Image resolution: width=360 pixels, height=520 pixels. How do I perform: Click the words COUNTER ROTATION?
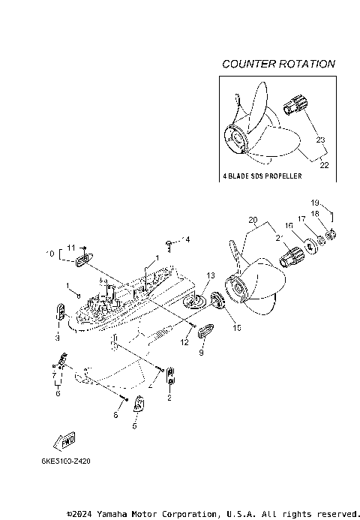coord(278,64)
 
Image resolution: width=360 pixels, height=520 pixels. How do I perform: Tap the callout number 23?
coord(320,140)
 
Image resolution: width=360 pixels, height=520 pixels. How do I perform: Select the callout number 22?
coord(324,165)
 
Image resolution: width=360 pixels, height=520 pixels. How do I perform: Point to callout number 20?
coord(253,221)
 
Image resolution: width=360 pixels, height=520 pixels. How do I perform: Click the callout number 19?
coord(315,203)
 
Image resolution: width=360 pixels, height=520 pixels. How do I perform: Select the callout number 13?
coord(210,275)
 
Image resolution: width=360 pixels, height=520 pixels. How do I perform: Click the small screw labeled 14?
coord(171,242)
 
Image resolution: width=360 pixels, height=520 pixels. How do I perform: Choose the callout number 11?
coord(71,247)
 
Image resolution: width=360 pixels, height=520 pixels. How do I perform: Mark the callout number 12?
coord(184,342)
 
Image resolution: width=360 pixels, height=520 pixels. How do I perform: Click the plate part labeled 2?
coord(170,374)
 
